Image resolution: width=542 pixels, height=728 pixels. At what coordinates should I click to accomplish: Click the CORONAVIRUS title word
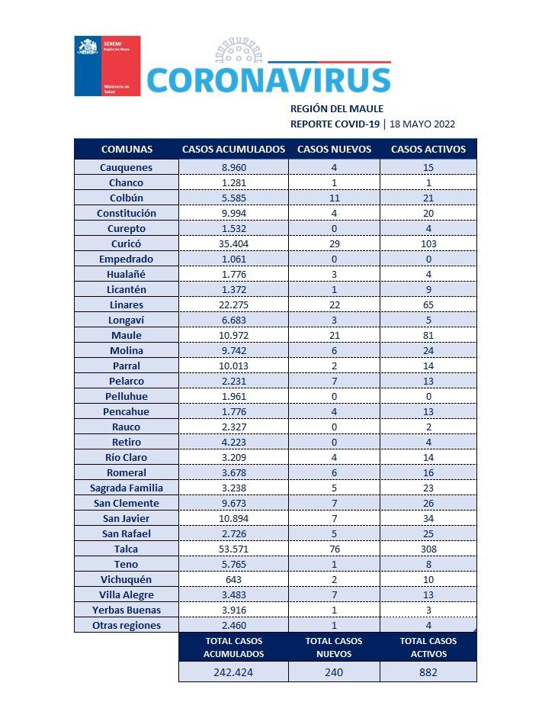(269, 80)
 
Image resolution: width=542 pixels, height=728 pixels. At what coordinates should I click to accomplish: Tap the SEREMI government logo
(107, 66)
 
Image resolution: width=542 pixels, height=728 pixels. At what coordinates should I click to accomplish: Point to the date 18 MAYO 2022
(422, 124)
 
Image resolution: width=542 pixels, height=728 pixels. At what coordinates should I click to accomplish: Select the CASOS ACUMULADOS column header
(233, 149)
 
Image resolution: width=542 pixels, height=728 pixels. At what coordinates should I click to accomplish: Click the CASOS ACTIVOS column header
(428, 149)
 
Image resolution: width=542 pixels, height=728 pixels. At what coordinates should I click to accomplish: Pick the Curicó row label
(126, 243)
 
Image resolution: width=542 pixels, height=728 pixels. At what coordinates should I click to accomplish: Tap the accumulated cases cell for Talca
(234, 549)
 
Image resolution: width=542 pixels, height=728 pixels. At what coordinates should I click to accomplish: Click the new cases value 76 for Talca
(335, 549)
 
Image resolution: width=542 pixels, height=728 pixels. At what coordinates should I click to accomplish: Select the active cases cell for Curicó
(428, 243)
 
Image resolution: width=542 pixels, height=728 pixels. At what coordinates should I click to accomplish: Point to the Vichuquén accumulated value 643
(234, 579)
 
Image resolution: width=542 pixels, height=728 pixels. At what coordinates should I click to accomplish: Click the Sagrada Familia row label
(127, 488)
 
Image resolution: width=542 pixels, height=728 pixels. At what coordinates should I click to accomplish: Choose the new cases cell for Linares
(335, 305)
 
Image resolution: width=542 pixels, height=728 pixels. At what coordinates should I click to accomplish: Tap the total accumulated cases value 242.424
(233, 672)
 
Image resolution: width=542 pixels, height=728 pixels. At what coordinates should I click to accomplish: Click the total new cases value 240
(334, 672)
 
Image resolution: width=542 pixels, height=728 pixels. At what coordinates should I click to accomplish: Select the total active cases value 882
(428, 672)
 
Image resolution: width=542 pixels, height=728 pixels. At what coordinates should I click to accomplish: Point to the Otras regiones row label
(127, 626)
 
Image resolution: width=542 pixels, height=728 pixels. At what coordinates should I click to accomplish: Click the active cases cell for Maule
(428, 335)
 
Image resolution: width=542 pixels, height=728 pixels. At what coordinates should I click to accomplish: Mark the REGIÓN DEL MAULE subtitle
(337, 108)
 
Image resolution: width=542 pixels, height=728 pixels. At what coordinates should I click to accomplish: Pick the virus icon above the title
(239, 50)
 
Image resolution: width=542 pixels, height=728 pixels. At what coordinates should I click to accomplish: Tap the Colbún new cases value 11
(335, 198)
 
